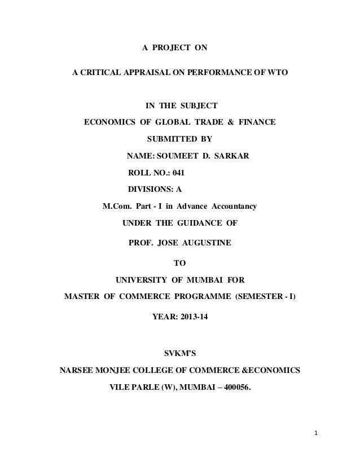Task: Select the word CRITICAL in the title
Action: pyautogui.click(x=103, y=74)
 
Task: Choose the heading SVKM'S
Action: pyautogui.click(x=181, y=354)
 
